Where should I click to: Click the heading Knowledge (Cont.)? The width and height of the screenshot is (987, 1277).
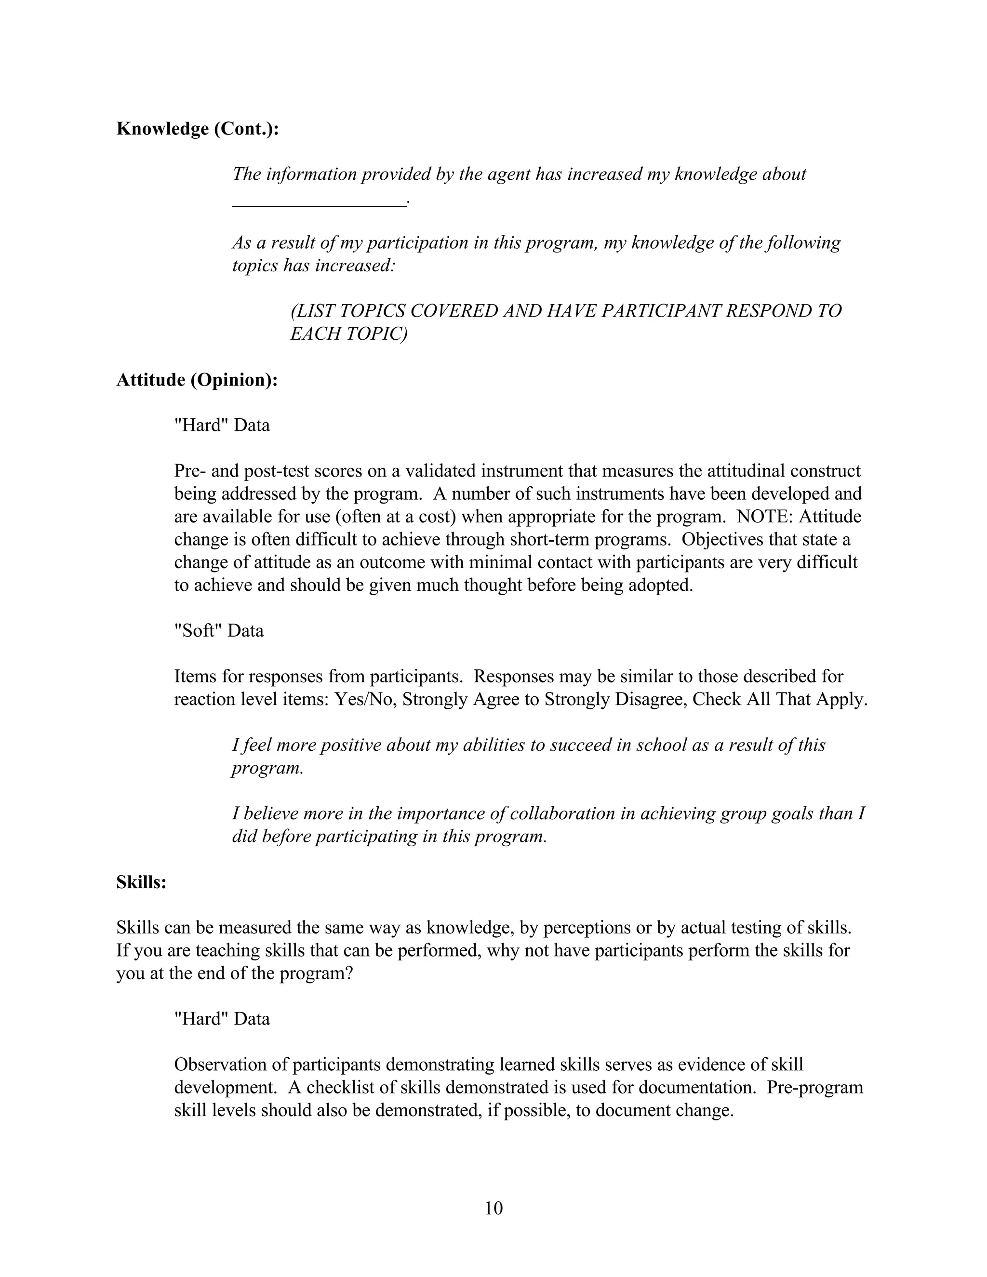(198, 129)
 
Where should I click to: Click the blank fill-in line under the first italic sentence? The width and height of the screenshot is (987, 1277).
(319, 204)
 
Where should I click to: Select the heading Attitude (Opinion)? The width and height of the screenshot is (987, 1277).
(197, 380)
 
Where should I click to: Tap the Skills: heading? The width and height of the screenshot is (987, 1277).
(142, 882)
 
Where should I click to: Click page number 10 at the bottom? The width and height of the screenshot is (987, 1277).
(493, 1208)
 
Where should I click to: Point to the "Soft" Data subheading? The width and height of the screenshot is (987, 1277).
(219, 631)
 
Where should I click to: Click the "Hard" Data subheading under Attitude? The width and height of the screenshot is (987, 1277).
(222, 425)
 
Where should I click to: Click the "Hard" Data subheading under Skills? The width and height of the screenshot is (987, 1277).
(222, 1019)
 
